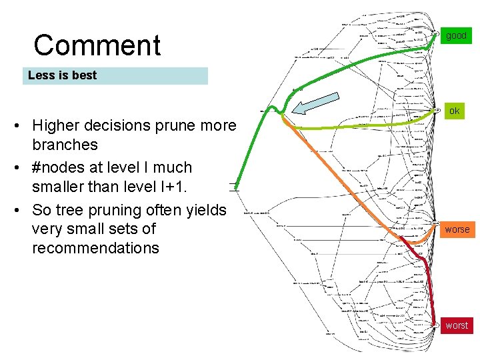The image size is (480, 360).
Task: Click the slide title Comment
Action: point(97,46)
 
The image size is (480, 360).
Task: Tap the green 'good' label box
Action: point(457,35)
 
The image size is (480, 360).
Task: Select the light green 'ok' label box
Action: point(455,111)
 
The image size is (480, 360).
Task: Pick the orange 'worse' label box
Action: point(457,229)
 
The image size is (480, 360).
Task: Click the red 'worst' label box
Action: point(457,325)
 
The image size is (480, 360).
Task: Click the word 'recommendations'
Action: point(95,249)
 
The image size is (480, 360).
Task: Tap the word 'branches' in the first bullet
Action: point(65,145)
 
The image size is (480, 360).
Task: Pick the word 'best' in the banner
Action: point(84,75)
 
